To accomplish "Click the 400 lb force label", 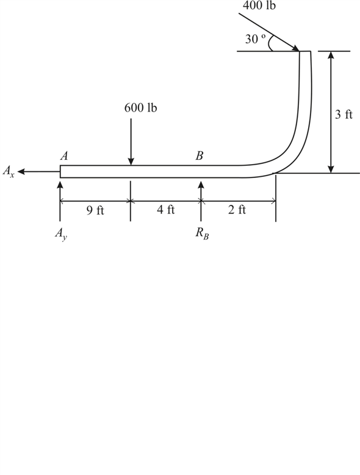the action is (x=259, y=5).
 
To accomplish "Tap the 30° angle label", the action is (x=256, y=39).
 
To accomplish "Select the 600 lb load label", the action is (x=140, y=107).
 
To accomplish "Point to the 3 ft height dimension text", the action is (x=344, y=114).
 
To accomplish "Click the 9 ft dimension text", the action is (x=95, y=210).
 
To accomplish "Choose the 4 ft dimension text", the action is (x=166, y=209).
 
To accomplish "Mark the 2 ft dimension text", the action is (x=237, y=209).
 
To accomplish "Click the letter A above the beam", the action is (x=64, y=155).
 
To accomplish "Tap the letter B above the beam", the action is (x=199, y=155).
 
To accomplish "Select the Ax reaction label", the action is (x=9, y=171).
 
